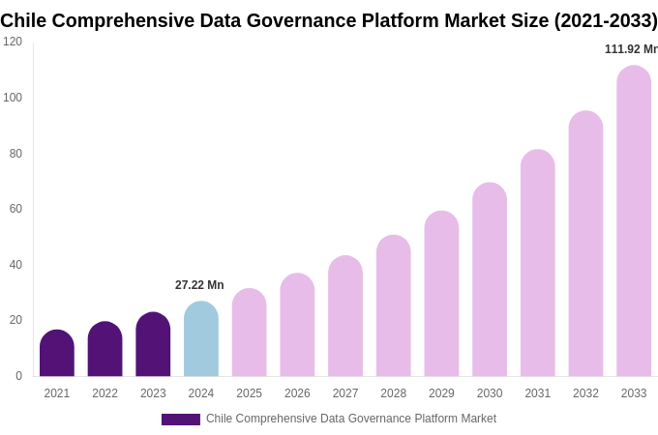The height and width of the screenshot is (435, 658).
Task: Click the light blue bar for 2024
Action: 201,339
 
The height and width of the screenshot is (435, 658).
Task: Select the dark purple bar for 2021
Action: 57,354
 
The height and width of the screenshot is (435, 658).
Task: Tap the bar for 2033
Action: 634,221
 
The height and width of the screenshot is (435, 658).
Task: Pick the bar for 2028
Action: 394,306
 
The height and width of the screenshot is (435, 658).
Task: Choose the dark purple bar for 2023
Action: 153,345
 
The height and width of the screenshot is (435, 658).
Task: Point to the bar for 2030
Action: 490,280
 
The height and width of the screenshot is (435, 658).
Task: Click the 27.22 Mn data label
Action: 199,285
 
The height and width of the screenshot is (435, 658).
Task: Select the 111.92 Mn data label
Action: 631,49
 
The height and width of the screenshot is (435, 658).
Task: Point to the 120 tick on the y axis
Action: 13,42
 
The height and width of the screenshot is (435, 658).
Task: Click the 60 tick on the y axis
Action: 15,209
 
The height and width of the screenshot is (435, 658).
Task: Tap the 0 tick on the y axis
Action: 18,376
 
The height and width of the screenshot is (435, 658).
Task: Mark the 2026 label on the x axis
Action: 297,393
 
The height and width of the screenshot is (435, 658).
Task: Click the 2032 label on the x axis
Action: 585,393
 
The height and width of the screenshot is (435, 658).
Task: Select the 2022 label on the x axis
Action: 105,393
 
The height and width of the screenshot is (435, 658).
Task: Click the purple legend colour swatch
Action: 181,420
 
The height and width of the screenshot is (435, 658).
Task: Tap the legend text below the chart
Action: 350,419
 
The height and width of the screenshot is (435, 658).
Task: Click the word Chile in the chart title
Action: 23,20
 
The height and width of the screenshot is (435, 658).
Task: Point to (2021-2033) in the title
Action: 605,20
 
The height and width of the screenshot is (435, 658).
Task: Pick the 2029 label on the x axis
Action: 441,393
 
